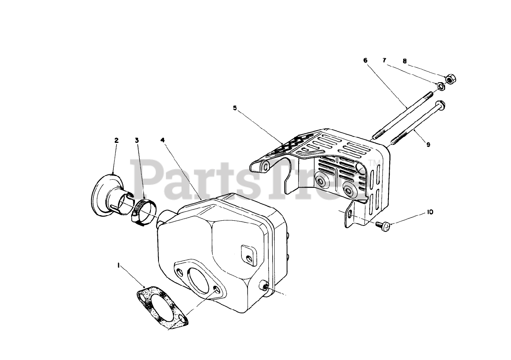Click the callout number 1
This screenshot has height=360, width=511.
(x=119, y=265)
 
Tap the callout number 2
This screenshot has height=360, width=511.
(x=116, y=140)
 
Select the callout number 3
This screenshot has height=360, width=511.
(x=137, y=140)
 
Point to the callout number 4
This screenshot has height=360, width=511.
(x=162, y=140)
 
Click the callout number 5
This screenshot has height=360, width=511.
(x=235, y=108)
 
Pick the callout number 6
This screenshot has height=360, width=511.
(x=365, y=61)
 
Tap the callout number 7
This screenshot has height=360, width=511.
(x=384, y=61)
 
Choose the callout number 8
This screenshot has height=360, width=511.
(x=404, y=61)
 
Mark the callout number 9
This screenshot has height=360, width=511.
(x=428, y=144)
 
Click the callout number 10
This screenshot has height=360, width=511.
(x=430, y=212)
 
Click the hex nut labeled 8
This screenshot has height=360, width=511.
(x=450, y=79)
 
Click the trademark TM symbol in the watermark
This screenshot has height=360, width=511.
(x=372, y=162)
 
